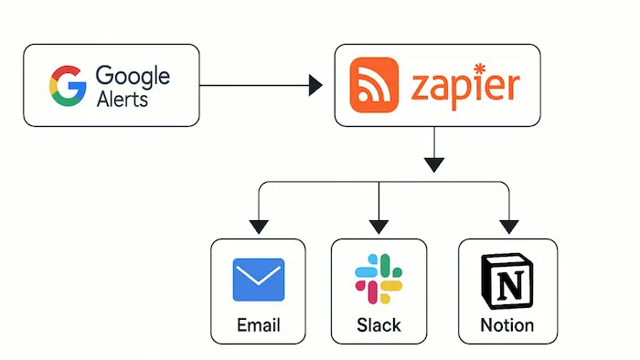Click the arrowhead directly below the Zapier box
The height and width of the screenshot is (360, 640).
pos(434,164)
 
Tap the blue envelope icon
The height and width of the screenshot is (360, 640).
pos(259,280)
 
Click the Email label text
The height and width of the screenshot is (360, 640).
pos(259,325)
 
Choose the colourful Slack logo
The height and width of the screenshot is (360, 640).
pos(378,280)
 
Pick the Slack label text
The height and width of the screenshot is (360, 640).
pos(378,325)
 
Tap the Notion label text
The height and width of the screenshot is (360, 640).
pos(507,325)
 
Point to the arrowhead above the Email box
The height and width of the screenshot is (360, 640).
pos(259,225)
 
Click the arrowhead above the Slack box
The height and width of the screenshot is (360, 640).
pos(378,225)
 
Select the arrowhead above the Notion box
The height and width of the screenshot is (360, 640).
pos(507,225)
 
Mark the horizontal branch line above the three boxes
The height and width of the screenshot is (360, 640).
pos(320,183)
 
